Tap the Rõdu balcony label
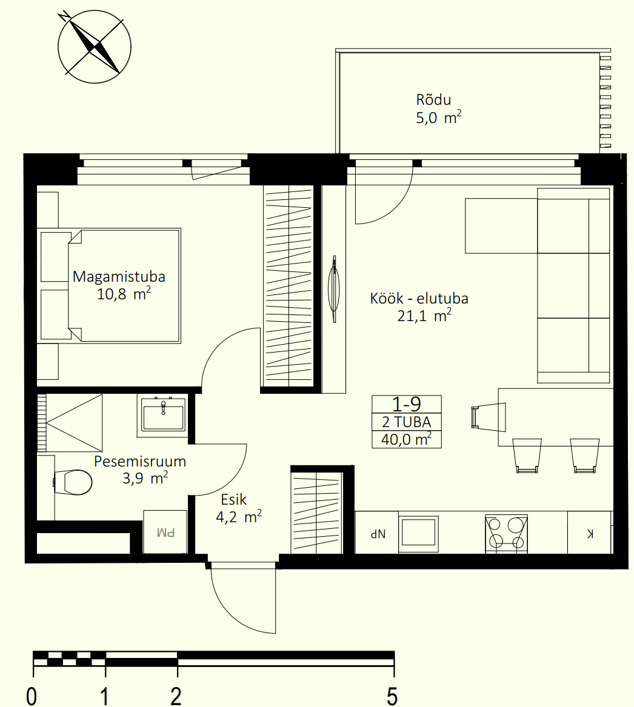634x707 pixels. tap(433, 99)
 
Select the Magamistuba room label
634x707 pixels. tap(119, 276)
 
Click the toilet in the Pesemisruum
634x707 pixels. tap(73, 482)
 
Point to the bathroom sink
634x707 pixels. tap(163, 414)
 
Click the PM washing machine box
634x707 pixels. tap(165, 532)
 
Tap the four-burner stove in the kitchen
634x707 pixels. tap(506, 534)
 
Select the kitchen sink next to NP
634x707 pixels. tap(419, 533)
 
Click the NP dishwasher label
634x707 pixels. tap(378, 534)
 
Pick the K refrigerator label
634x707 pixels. tap(590, 534)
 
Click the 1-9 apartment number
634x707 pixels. tap(406, 405)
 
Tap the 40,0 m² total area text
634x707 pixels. tap(406, 439)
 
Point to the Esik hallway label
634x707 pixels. tap(234, 500)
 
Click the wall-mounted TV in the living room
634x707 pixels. tap(334, 288)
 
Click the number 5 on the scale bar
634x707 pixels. tap(392, 695)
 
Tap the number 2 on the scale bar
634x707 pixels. tap(176, 695)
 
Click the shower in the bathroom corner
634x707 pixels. tap(70, 422)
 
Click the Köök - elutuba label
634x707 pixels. tap(419, 299)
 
